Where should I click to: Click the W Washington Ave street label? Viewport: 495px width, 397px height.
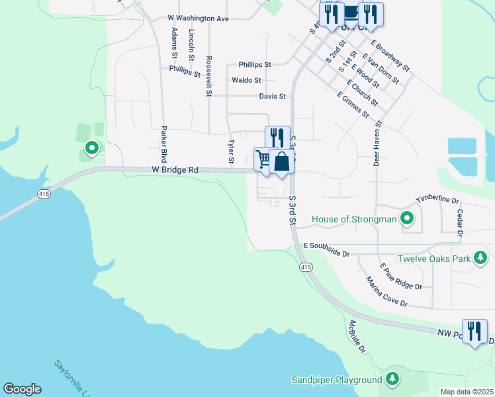tap(198, 19)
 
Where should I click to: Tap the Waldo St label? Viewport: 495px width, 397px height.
tap(246, 80)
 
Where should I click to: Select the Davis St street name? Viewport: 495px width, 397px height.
tap(272, 96)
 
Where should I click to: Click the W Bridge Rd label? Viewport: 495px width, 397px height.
tap(175, 170)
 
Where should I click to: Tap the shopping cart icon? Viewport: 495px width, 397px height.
tap(263, 159)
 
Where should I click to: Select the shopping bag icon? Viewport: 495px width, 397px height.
tap(281, 161)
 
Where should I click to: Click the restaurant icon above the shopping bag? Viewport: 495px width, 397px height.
tap(277, 137)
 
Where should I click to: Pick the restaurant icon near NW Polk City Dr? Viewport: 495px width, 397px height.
tap(474, 330)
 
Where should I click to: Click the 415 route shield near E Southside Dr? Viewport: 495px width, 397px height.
tap(305, 267)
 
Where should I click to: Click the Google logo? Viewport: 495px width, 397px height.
tap(22, 389)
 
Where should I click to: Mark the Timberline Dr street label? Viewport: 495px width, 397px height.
tap(437, 200)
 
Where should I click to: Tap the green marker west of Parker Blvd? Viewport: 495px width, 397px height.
tap(92, 148)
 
